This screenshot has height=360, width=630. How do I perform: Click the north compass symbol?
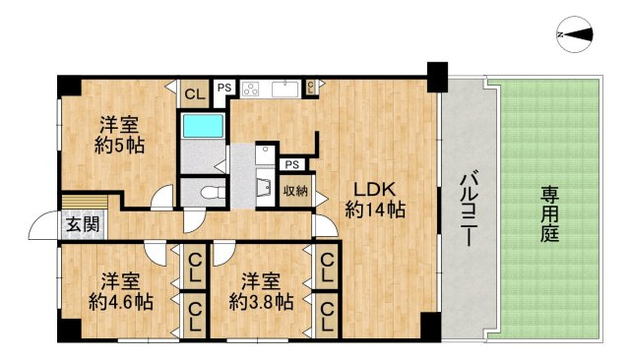[x=576, y=34]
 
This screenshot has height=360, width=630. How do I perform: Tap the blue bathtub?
[x=203, y=126]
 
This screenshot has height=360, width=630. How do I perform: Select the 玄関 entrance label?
[x=82, y=224]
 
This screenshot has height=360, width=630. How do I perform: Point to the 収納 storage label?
[x=295, y=191]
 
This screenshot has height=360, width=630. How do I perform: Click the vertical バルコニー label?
[x=469, y=209]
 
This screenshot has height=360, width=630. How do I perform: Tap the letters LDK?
[x=376, y=187]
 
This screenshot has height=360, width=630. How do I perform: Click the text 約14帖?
[x=376, y=209]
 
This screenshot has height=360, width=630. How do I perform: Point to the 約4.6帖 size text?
[x=121, y=301]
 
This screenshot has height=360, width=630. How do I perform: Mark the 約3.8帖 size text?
[x=261, y=301]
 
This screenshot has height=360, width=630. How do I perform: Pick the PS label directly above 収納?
[x=291, y=164]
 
